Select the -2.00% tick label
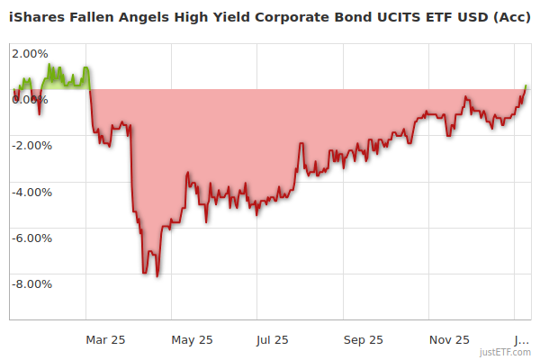31,145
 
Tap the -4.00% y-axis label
31,192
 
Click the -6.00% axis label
31,238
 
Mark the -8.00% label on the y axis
31,284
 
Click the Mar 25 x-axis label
105,339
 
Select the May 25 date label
192,339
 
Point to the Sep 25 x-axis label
364,339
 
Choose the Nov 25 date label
449,339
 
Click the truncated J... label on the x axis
521,339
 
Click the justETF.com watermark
505,352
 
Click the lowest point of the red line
157,276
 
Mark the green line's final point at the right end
526,85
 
